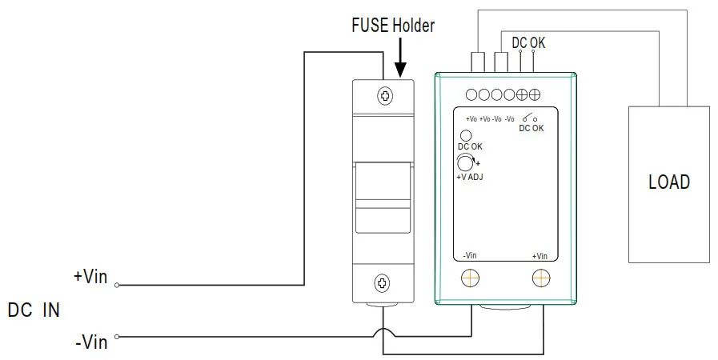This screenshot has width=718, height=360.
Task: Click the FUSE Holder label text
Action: point(394,26)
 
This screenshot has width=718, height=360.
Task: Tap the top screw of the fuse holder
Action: point(386,96)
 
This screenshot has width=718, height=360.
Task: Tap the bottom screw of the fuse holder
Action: point(383,282)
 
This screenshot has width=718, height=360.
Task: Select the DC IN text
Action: point(34,310)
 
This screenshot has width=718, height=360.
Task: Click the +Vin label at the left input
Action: point(90,277)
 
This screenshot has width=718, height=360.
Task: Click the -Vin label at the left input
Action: point(91,342)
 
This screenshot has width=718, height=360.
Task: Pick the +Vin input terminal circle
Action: point(117,285)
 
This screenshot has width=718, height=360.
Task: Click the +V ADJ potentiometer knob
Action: point(463,164)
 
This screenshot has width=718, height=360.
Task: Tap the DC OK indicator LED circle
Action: point(464,134)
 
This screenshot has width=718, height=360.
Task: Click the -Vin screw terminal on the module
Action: point(471,278)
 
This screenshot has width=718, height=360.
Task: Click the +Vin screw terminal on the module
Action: point(541,278)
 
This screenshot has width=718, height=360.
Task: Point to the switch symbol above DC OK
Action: point(529,118)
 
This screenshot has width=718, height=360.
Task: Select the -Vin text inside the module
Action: point(471,256)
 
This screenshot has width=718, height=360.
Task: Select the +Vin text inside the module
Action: point(540,256)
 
